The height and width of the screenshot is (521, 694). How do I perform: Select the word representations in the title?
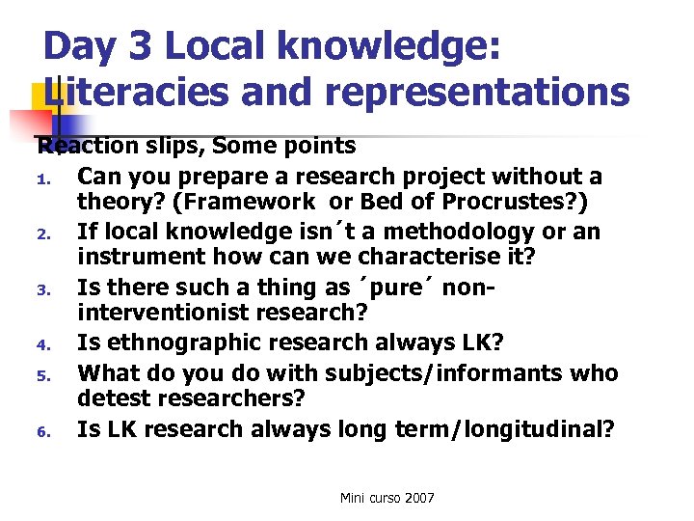(477, 93)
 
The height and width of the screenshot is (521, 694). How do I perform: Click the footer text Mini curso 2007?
(387, 498)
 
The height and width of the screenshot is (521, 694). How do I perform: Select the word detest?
(112, 398)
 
